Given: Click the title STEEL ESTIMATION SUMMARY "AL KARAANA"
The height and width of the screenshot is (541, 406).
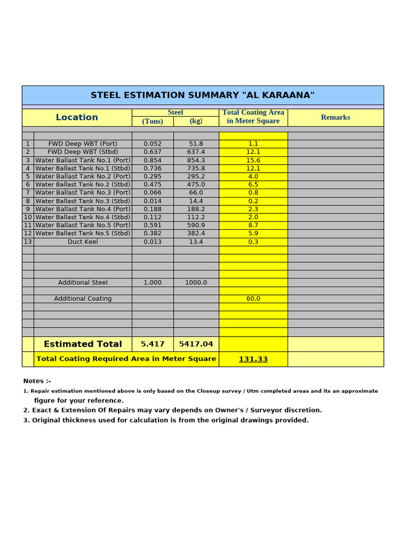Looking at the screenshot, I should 202,95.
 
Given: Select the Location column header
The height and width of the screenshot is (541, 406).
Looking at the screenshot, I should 77,117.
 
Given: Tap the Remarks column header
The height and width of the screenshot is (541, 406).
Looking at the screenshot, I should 335,117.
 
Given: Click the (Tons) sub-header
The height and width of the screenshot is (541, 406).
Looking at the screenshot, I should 152,121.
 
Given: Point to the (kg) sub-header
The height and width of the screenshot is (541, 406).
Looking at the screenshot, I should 196,121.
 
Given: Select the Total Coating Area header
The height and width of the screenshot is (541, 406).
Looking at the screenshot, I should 253,117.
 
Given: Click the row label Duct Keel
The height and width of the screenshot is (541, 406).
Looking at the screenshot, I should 82,241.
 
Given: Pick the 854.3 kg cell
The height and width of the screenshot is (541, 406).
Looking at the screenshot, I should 196,160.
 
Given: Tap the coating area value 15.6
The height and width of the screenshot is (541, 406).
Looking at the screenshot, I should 253,160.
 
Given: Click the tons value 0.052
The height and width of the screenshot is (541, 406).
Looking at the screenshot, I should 152,144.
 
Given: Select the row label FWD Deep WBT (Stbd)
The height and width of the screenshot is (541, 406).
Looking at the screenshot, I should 82,152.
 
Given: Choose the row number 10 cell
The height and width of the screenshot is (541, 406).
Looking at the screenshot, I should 27,217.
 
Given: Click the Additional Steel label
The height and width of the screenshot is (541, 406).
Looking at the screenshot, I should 82,283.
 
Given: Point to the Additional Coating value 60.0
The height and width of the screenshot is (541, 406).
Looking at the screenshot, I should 253,299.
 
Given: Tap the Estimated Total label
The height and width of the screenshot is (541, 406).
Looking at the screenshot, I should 82,344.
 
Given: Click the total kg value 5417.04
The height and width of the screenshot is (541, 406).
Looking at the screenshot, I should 196,344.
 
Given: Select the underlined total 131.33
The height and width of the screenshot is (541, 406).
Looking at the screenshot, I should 253,359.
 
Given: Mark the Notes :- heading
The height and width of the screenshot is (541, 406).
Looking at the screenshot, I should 37,381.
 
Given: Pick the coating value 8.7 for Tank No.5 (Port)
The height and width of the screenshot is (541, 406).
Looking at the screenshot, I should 253,225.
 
